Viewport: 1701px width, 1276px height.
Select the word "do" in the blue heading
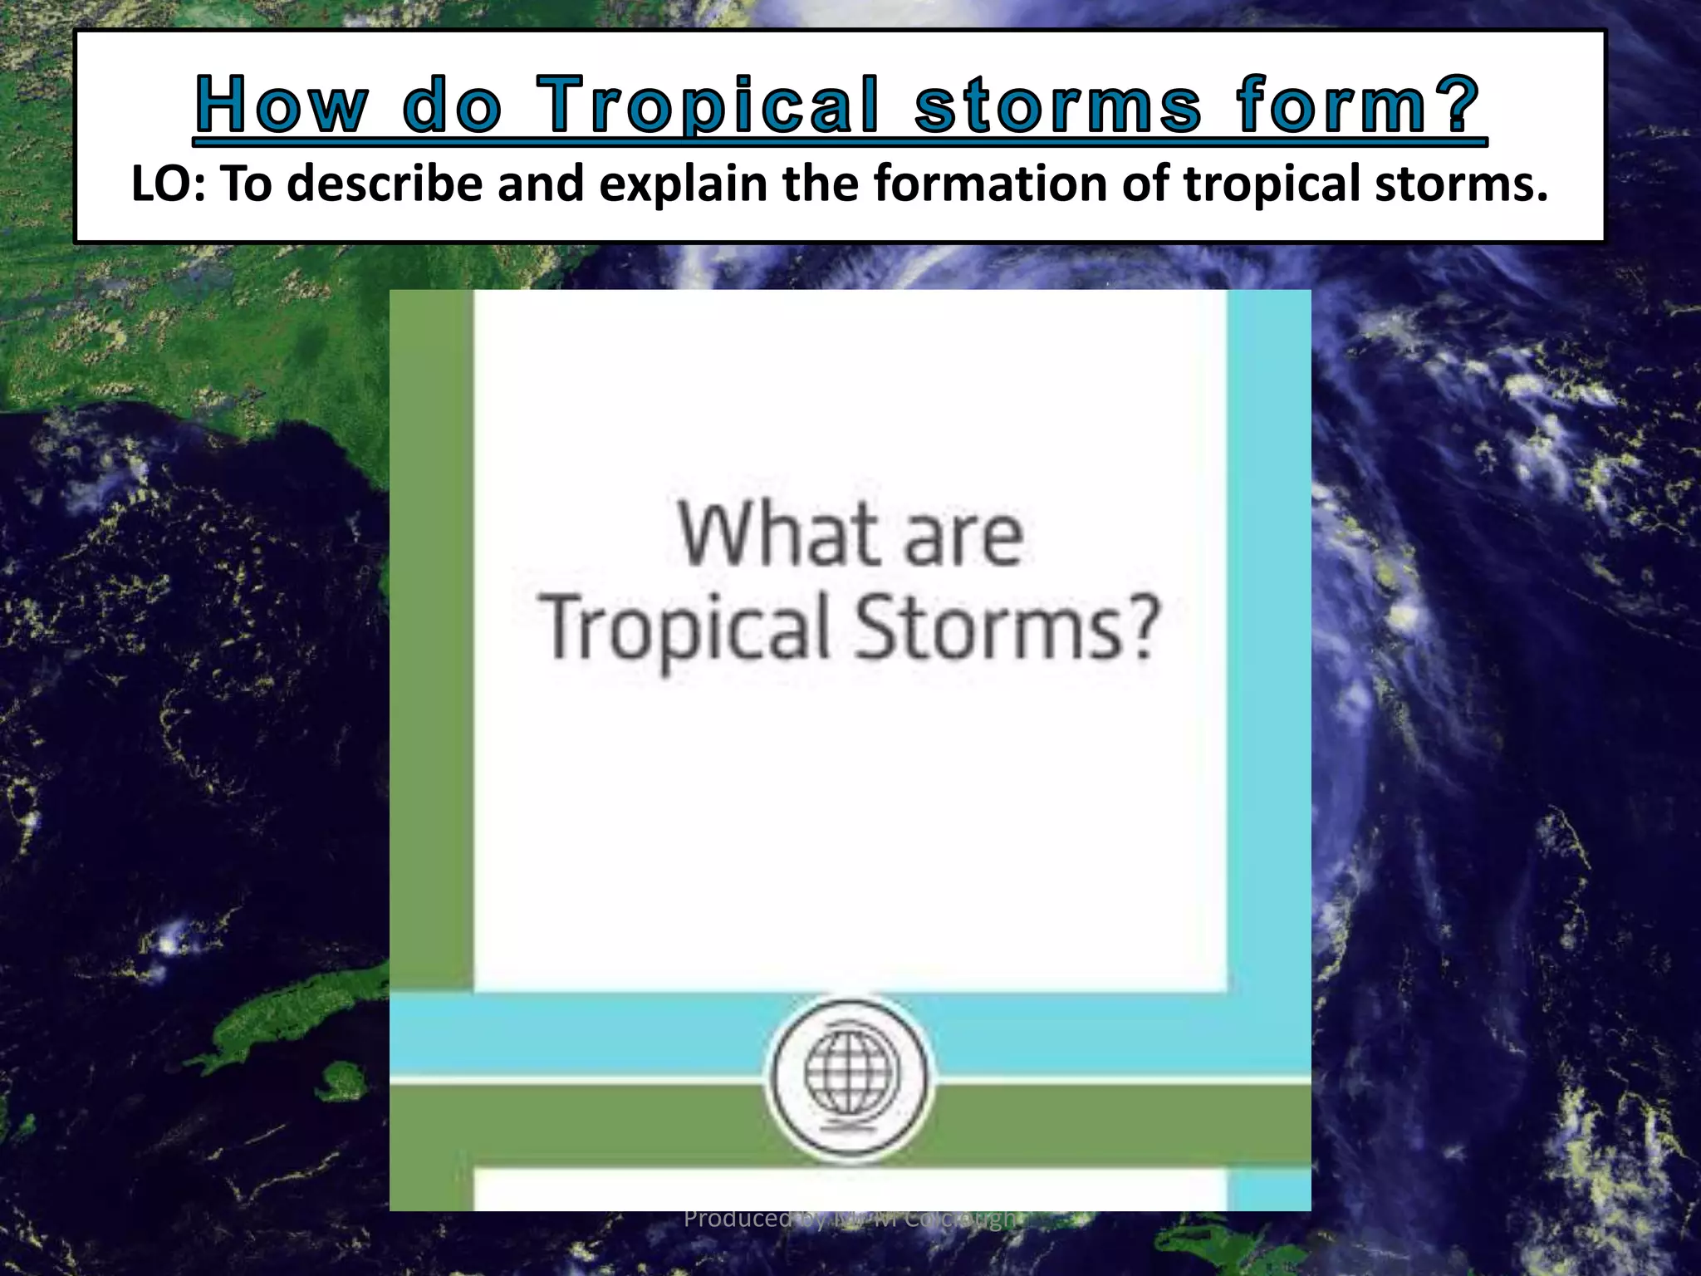pyautogui.click(x=453, y=106)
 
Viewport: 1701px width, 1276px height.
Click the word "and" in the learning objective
pyautogui.click(x=541, y=184)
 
